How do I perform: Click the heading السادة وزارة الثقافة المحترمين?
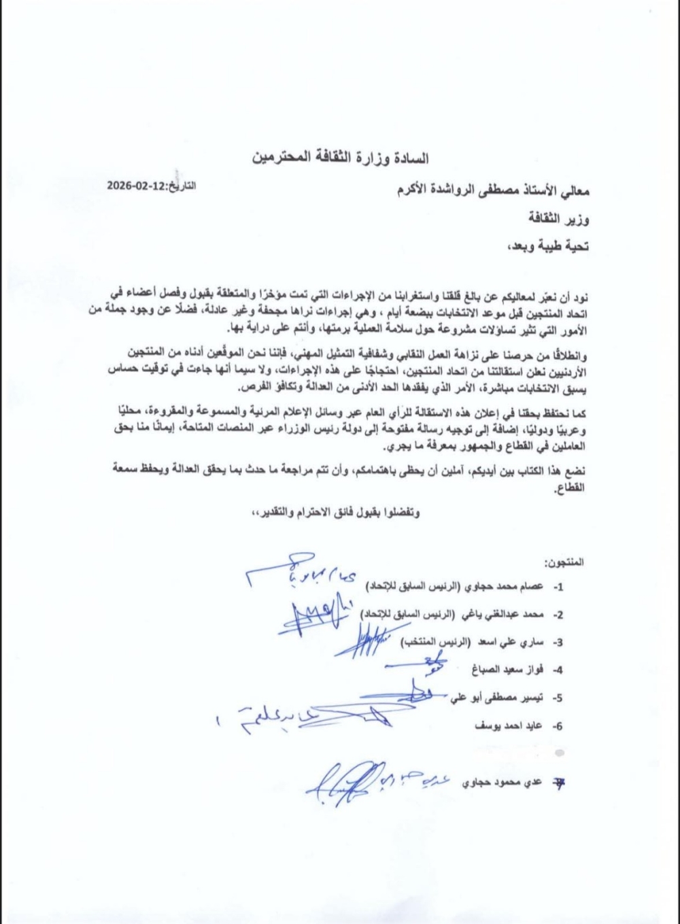coord(340,159)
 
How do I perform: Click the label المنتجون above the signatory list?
coord(564,563)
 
